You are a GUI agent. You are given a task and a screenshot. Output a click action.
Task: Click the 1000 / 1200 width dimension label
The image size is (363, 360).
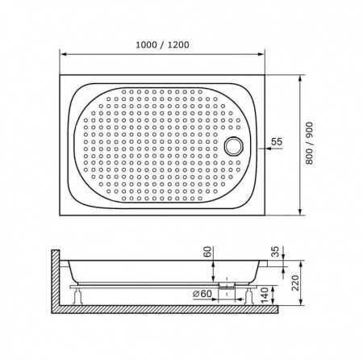click(x=162, y=44)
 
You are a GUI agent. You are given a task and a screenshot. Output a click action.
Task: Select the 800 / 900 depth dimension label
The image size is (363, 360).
click(x=309, y=143)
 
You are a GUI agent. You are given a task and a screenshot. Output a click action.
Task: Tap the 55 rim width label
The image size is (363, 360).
click(x=277, y=141)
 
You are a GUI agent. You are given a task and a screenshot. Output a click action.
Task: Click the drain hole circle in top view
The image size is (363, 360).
click(x=234, y=146)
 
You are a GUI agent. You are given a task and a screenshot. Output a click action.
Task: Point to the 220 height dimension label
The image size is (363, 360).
click(x=295, y=283)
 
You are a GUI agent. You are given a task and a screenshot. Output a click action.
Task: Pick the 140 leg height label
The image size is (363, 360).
click(x=265, y=295)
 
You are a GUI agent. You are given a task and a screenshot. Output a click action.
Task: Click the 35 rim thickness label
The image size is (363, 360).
click(x=275, y=251)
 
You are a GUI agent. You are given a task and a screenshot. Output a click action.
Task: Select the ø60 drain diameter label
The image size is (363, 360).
click(x=202, y=294)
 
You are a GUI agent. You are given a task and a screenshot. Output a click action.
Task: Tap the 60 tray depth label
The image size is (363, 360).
click(x=208, y=252)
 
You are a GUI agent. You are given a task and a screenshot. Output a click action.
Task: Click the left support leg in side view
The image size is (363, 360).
click(x=78, y=295)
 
